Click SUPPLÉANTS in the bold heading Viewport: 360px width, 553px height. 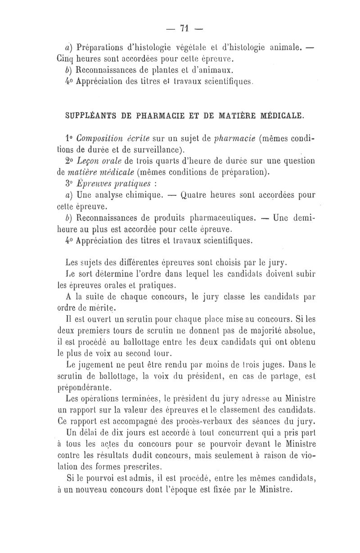88,115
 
